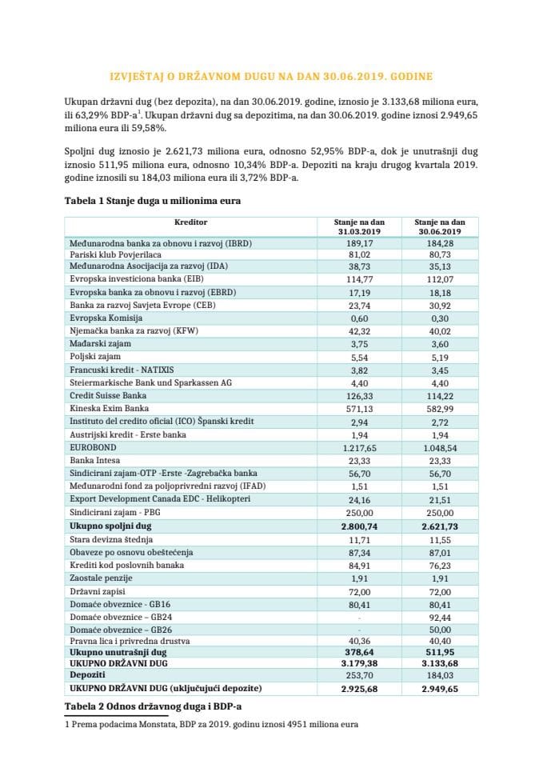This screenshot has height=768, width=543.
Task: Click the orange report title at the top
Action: [271, 76]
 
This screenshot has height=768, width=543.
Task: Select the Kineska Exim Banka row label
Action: [103, 408]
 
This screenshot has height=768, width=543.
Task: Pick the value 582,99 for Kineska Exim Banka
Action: [435, 408]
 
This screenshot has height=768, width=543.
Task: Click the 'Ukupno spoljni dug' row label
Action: [110, 526]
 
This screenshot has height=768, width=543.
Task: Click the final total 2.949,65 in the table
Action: [435, 689]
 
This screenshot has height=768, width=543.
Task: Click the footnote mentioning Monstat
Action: [211, 724]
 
